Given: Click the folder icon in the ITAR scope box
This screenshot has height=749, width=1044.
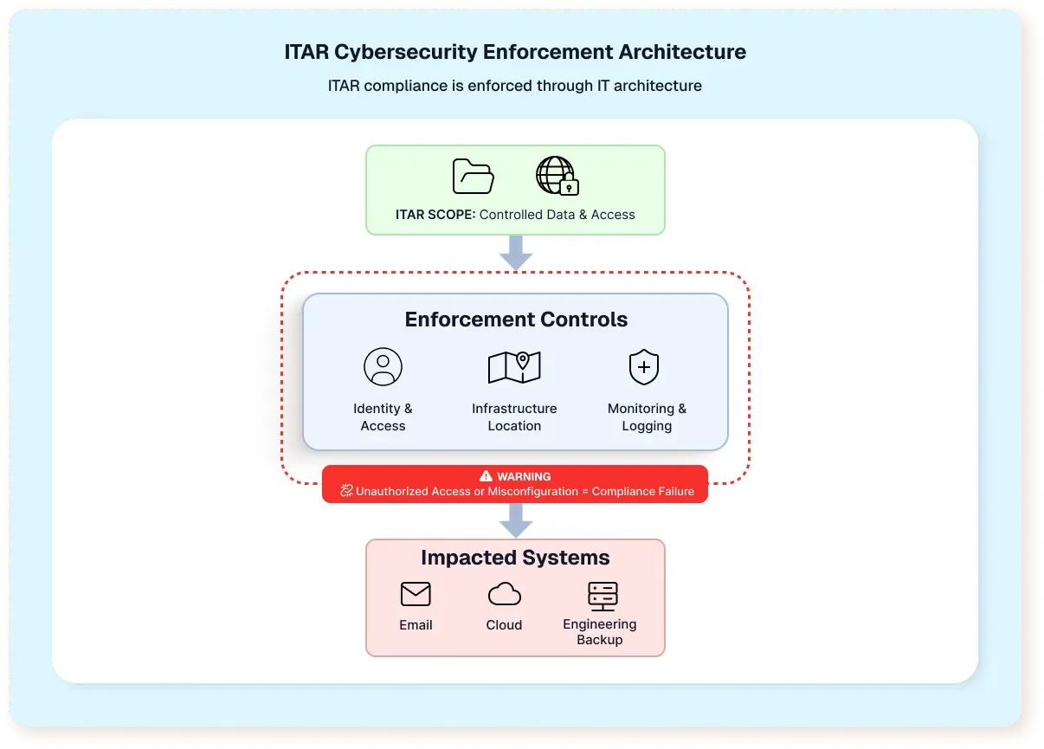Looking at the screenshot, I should click(x=474, y=177).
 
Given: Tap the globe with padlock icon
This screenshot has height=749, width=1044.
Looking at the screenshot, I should click(x=556, y=176).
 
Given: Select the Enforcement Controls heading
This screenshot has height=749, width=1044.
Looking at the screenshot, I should click(x=516, y=320).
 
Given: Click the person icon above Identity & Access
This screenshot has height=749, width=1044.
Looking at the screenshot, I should click(x=383, y=366).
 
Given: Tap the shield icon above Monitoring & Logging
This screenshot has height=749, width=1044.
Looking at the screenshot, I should click(x=644, y=367).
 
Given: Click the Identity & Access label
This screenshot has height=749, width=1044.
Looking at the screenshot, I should click(x=383, y=417).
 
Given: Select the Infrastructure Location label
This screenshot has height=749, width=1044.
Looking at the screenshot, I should click(x=514, y=417).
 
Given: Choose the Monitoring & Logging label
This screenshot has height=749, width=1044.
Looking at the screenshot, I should click(x=647, y=417).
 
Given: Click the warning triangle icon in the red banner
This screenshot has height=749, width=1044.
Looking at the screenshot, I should click(x=486, y=476).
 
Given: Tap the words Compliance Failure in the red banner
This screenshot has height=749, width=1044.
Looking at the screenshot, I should click(x=642, y=491).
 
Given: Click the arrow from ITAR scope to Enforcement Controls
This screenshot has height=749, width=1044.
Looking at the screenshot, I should click(x=516, y=252).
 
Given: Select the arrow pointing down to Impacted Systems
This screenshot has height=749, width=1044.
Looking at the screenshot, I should click(x=516, y=520).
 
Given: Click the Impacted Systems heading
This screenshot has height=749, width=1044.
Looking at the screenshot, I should click(x=515, y=558).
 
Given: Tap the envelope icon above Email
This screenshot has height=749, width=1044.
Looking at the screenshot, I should click(x=416, y=594).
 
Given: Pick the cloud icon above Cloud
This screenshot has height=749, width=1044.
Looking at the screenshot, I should click(x=504, y=594).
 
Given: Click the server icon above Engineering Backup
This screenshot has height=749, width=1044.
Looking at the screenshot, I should click(x=602, y=595).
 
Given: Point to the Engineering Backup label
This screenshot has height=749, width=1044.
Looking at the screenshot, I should click(x=599, y=631).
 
